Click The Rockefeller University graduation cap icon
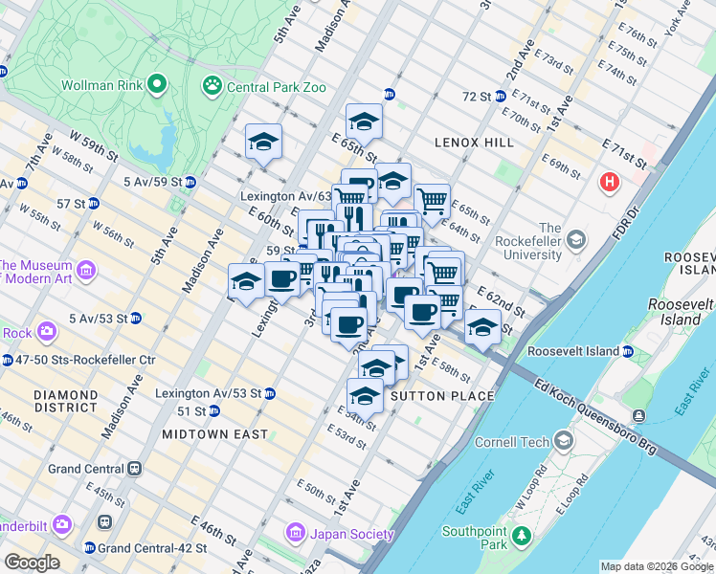(x=575, y=238)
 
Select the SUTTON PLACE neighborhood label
(x=441, y=395)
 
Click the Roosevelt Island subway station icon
(x=627, y=351)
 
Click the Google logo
(x=31, y=563)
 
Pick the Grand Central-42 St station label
(x=152, y=548)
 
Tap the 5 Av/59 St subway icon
(x=190, y=182)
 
